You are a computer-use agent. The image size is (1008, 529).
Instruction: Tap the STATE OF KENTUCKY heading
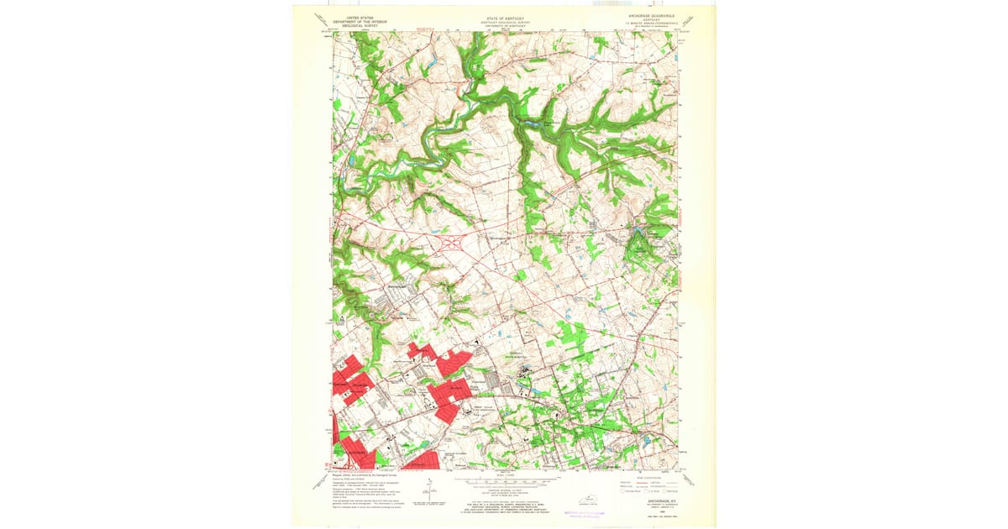[506, 15]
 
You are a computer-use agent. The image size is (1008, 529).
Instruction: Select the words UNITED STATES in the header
[354, 16]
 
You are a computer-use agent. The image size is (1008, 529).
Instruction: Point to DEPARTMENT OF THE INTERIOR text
[354, 20]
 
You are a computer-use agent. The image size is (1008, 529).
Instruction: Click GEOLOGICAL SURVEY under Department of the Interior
[354, 24]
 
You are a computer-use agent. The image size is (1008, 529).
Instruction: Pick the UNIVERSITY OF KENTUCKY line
[506, 26]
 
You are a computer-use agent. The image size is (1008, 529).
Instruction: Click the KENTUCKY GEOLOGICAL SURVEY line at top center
[506, 22]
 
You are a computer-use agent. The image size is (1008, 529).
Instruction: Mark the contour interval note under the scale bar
[505, 490]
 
